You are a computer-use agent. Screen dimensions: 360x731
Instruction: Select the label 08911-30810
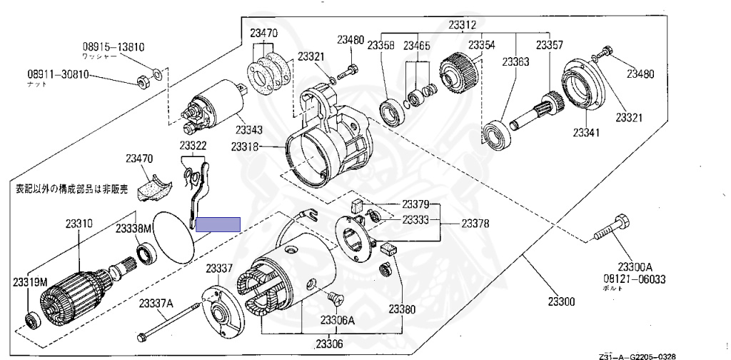pos(59,74)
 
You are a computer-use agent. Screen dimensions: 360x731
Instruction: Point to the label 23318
pos(245,147)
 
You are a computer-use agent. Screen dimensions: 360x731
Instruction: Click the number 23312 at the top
pos(462,25)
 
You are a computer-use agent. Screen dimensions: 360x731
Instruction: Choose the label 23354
pos(481,45)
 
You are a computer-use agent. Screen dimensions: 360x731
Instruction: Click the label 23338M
pos(134,228)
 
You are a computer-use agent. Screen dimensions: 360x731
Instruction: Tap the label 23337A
pos(156,304)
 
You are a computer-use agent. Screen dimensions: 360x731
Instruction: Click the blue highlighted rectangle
pos(218,224)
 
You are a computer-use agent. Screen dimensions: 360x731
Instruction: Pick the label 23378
pos(475,224)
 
